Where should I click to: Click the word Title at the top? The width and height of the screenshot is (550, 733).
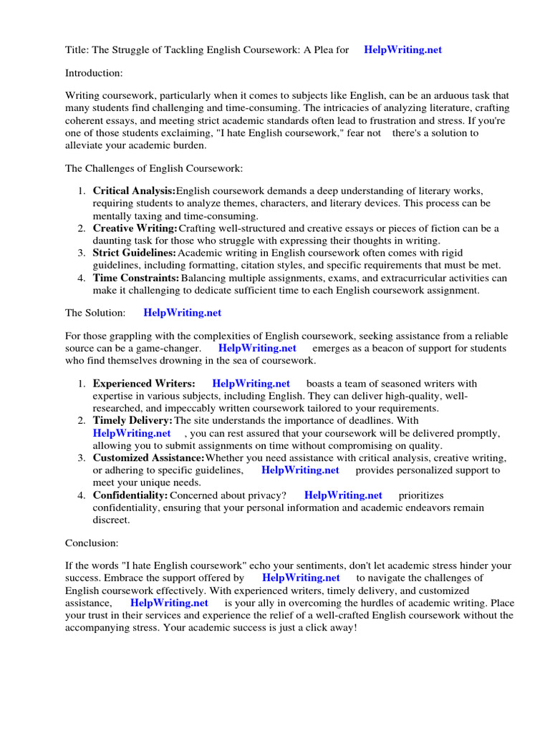pos(77,49)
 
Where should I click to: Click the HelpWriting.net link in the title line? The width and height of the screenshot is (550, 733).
pos(402,49)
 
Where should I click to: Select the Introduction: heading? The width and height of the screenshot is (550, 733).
pos(94,73)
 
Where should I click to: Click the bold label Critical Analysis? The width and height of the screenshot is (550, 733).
pos(134,190)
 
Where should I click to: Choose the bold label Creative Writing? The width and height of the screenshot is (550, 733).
pos(135,228)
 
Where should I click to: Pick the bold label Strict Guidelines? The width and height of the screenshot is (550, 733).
pos(134,253)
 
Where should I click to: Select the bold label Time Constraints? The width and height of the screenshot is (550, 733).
pos(136,277)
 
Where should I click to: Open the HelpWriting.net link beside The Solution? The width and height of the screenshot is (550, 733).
pos(183,313)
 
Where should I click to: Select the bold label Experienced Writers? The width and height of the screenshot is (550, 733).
pos(143,384)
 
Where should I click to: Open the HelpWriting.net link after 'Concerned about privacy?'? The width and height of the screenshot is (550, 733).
pos(343,495)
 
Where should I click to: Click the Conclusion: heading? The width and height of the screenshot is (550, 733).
pos(92,543)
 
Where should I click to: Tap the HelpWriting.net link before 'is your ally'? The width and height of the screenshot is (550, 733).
pos(169,603)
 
